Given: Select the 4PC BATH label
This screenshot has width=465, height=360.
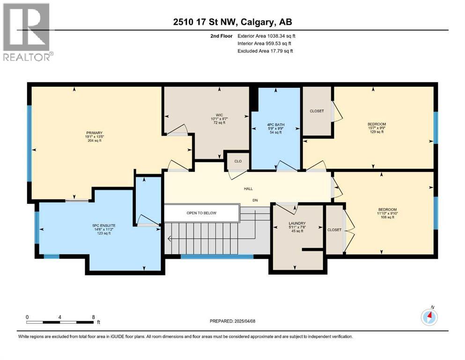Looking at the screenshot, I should pos(275,125).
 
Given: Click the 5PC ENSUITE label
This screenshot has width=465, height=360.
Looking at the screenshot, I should pos(103,225).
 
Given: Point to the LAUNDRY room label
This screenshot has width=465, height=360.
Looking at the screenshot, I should pos(297,223).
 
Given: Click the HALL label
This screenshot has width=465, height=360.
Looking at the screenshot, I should pos(248,188).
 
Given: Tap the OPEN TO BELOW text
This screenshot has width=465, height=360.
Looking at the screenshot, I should pos(201,213).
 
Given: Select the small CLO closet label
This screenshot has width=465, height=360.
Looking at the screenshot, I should pos(238,161).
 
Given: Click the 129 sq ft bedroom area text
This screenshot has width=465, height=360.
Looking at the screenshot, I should pos(376,132).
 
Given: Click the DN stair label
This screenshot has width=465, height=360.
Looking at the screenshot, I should pos(255,200).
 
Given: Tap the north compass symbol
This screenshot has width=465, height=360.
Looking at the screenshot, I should pos(429,317).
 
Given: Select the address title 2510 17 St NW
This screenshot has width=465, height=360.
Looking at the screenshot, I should pos(232,22).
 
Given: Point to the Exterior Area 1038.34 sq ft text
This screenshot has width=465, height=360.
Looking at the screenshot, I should pos(266,36).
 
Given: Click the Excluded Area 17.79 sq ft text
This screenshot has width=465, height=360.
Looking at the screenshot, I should pos(265,51).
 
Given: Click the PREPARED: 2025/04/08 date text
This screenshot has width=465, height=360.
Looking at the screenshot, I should pos(233,321).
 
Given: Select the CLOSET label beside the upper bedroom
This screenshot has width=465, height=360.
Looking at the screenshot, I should pos(317,111).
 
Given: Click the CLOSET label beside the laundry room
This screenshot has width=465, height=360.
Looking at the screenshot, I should pos(334,230).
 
